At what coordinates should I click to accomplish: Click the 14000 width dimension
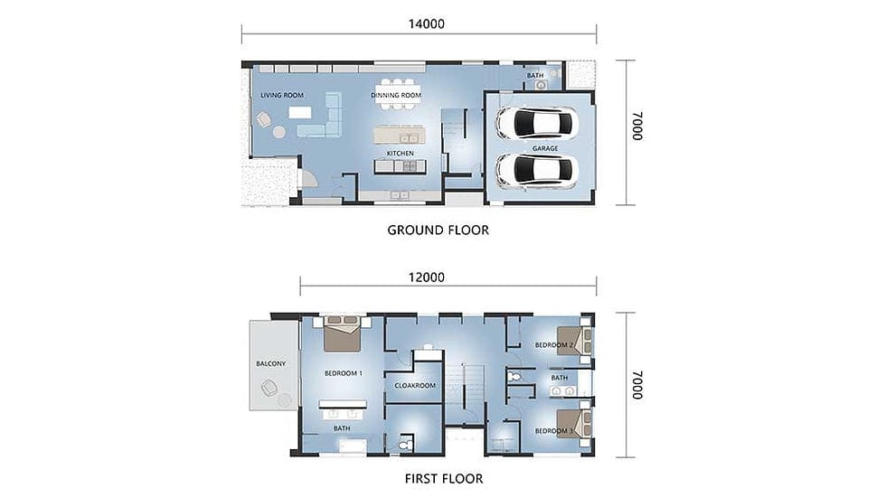(x=427, y=23)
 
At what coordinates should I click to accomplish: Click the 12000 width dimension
(x=427, y=277)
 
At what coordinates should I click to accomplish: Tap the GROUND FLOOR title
(x=438, y=230)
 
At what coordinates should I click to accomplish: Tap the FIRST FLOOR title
(x=444, y=479)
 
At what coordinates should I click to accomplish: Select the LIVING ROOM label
(x=282, y=96)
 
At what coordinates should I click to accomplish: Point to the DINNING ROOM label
(x=396, y=96)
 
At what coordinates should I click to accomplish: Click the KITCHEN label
(x=400, y=154)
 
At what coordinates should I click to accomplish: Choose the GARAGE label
(x=545, y=148)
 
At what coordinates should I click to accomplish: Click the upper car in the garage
(x=537, y=123)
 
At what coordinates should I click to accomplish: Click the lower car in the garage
(x=537, y=170)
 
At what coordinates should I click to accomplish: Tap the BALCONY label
(x=270, y=363)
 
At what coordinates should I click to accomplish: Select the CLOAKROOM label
(x=415, y=386)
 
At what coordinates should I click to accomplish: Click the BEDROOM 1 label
(x=344, y=373)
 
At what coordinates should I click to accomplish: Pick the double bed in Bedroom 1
(x=342, y=334)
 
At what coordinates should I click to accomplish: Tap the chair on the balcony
(x=269, y=388)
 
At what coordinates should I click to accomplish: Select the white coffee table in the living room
(x=300, y=112)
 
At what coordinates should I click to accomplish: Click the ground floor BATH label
(x=535, y=76)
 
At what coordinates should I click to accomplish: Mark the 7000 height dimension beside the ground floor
(x=637, y=126)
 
